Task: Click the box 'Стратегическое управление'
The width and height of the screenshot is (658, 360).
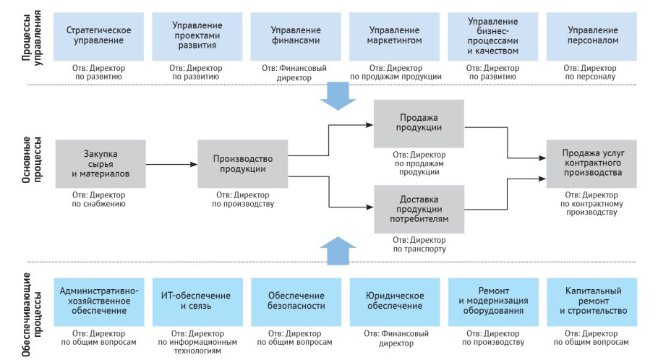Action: pyautogui.click(x=98, y=35)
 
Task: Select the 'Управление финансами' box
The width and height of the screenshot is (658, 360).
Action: pyautogui.click(x=296, y=35)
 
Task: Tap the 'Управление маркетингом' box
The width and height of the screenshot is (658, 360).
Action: pyautogui.click(x=394, y=35)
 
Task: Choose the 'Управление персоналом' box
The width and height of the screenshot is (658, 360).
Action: pyautogui.click(x=592, y=35)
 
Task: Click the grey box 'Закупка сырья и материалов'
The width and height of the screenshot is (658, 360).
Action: pyautogui.click(x=99, y=163)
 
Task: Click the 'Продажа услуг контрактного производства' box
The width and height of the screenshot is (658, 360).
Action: pyautogui.click(x=591, y=163)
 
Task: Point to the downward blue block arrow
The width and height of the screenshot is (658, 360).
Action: pyautogui.click(x=338, y=95)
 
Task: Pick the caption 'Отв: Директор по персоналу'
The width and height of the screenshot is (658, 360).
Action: pyautogui.click(x=592, y=72)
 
